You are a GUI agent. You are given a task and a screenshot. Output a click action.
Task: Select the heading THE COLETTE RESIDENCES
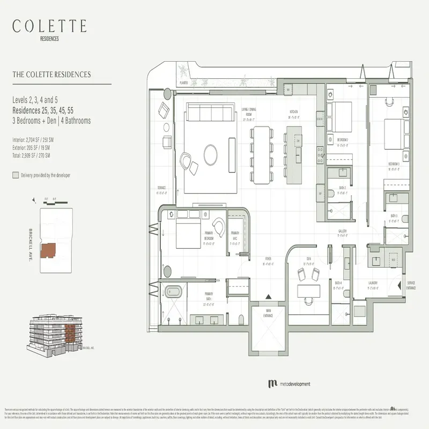click(x=51, y=75)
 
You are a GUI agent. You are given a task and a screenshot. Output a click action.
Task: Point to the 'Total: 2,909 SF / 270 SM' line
click(x=31, y=155)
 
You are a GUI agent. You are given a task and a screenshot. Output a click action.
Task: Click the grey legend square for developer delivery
click(x=15, y=175)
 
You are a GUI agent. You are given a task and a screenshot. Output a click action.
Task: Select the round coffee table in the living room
click(x=210, y=156)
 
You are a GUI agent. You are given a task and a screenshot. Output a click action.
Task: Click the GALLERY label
click(x=342, y=232)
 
